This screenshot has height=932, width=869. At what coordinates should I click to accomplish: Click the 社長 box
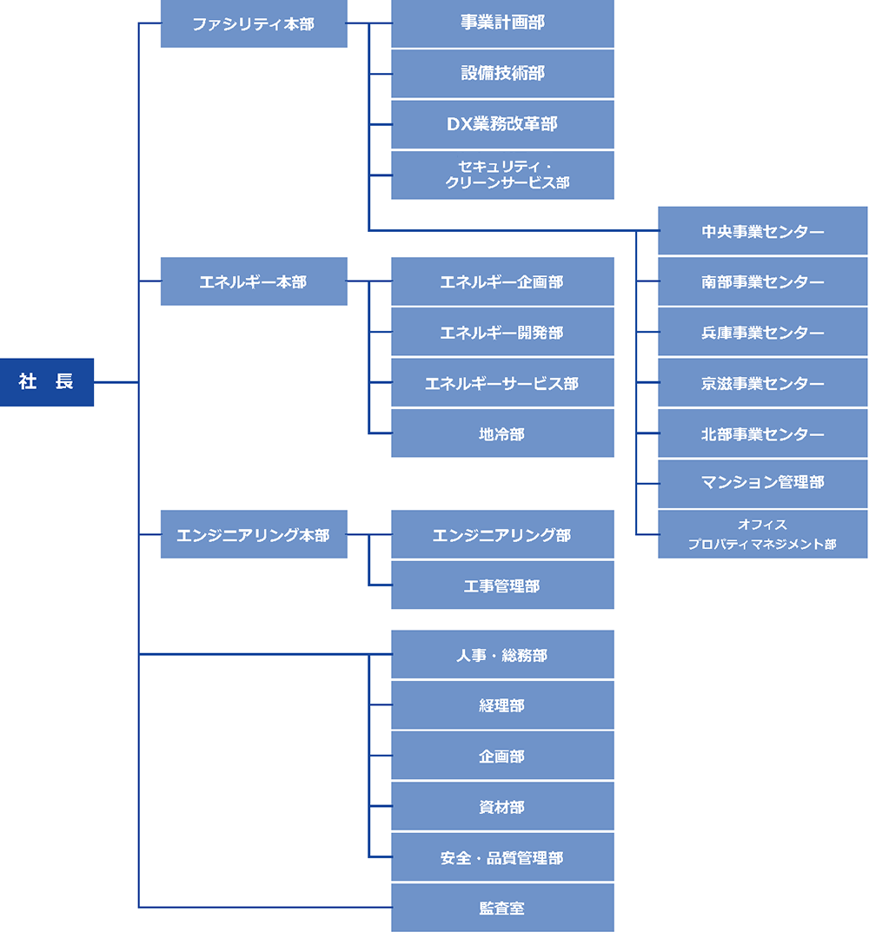pos(47,382)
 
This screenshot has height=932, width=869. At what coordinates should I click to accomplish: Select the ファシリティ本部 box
pos(254,24)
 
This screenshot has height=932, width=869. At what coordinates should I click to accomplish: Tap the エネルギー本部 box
pos(254,281)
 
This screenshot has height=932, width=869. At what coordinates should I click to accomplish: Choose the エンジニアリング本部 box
pos(254,534)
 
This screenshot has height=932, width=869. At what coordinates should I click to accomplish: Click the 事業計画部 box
pos(502,23)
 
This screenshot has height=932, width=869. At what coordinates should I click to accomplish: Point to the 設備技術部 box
pos(502,74)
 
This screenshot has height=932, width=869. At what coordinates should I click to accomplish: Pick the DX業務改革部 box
pos(502,124)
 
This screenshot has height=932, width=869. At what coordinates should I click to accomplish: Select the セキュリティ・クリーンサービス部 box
pos(502,175)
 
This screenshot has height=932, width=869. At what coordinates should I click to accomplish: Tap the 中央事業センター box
pos(762,231)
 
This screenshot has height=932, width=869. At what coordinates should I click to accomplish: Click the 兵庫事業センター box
pos(762,332)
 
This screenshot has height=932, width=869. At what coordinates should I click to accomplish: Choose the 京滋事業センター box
pos(762,383)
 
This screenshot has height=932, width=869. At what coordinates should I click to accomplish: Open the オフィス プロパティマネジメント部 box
pos(762,534)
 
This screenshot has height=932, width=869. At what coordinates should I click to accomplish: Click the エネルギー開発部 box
pos(502,332)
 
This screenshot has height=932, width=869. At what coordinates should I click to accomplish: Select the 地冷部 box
pos(502,433)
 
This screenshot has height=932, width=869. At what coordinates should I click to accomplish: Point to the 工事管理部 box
pos(502,585)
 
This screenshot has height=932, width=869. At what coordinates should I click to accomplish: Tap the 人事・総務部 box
pos(502,654)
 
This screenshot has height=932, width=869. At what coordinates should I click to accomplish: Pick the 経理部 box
pos(502,705)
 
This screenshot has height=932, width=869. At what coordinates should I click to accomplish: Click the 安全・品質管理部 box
pos(502,857)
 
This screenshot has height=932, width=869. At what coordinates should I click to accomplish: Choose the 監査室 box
pos(502,908)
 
